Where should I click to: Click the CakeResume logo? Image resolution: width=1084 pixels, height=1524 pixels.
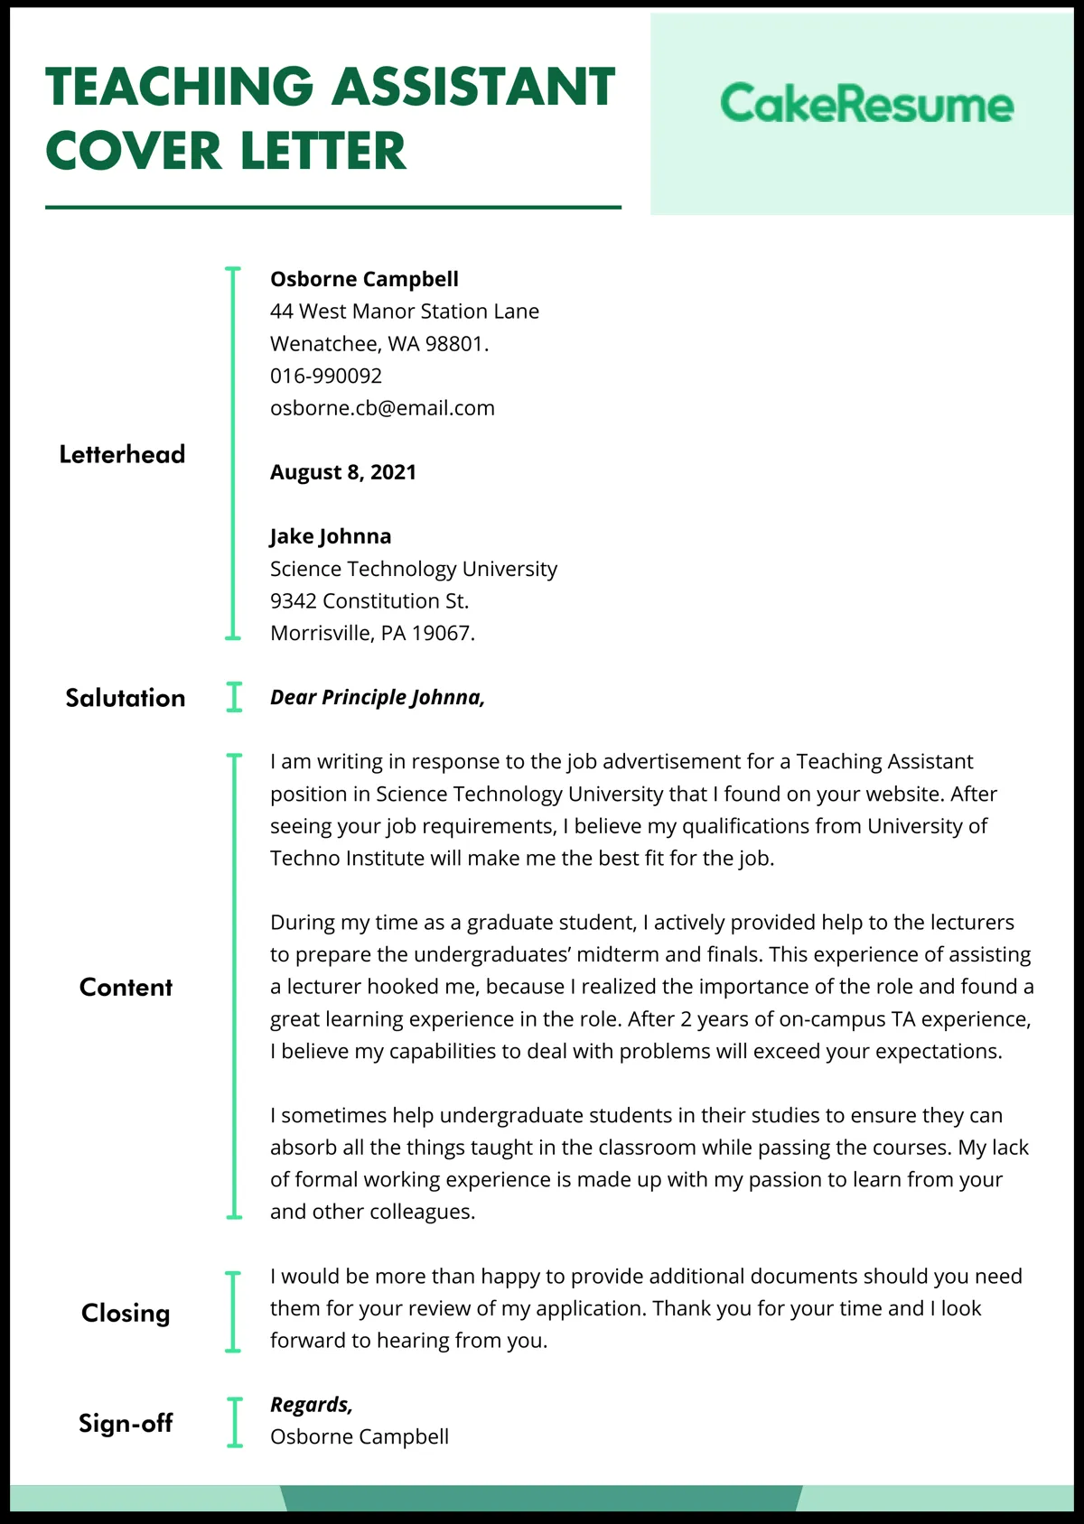(x=866, y=105)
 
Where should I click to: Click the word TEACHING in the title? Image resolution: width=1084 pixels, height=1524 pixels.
(x=179, y=88)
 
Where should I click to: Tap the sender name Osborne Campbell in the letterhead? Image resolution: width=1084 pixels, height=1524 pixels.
(x=364, y=279)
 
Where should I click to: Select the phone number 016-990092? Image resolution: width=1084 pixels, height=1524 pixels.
(x=326, y=376)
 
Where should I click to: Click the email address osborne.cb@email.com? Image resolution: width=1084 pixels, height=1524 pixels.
(x=382, y=408)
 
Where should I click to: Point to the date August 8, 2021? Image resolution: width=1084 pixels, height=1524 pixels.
(x=343, y=472)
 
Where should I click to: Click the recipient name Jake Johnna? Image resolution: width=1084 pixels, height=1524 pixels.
(x=331, y=536)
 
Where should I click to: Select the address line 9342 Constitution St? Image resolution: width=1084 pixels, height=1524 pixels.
(x=369, y=601)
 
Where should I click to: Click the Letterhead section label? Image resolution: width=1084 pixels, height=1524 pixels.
(x=122, y=454)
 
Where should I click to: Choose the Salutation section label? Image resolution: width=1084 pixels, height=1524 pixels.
(x=125, y=698)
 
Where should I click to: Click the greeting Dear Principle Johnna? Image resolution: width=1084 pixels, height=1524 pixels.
(x=378, y=698)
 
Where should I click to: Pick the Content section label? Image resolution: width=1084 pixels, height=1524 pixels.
(x=126, y=987)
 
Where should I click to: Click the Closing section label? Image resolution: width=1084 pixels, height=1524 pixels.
(x=126, y=1313)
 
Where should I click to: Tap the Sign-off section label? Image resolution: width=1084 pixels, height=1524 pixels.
(x=126, y=1423)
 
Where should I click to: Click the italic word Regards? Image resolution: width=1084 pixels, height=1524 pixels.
(x=311, y=1405)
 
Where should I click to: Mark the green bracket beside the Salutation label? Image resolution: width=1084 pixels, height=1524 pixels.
(x=234, y=698)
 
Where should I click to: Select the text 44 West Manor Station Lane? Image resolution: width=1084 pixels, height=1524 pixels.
(x=404, y=311)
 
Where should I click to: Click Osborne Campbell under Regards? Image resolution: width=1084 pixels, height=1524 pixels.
(x=360, y=1436)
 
